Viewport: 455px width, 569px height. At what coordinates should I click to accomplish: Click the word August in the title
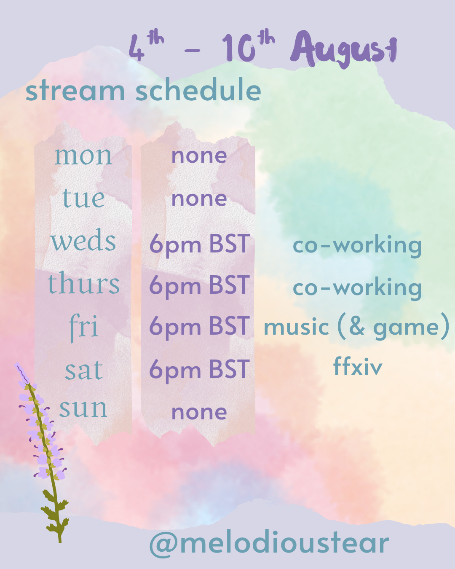(343, 49)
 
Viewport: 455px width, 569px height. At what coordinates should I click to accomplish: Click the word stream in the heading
(75, 91)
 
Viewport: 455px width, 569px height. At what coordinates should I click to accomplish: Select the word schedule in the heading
(198, 89)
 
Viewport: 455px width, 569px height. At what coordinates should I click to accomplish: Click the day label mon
(83, 156)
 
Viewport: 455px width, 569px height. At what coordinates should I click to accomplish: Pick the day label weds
(83, 240)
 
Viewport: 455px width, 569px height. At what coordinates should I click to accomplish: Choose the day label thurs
(83, 283)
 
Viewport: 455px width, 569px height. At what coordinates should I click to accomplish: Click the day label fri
(83, 327)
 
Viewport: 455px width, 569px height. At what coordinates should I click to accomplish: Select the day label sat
(83, 370)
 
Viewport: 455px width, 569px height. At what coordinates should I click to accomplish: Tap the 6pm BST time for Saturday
(200, 370)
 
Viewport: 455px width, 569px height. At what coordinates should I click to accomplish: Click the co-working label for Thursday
(357, 288)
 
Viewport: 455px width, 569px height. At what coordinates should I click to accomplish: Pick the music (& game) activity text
(357, 327)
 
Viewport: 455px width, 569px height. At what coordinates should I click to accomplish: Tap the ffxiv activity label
(358, 366)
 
